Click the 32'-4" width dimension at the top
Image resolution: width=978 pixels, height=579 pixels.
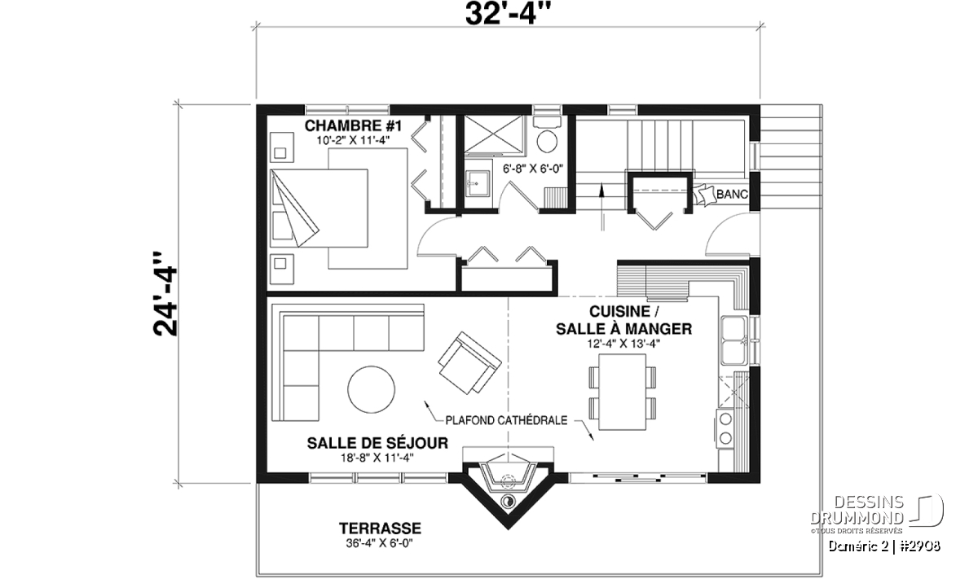[508, 14]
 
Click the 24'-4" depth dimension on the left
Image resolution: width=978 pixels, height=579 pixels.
[165, 294]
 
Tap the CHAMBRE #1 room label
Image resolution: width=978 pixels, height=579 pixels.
[353, 125]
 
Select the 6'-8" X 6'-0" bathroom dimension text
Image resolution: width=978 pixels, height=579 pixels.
[533, 169]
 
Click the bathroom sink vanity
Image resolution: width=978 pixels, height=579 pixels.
[477, 184]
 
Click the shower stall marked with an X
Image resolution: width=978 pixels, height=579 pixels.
[493, 134]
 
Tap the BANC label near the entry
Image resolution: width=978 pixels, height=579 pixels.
[732, 194]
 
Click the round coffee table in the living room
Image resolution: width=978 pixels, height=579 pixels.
[372, 389]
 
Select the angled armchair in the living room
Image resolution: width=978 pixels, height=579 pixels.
[469, 362]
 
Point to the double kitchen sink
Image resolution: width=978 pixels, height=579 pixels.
[734, 340]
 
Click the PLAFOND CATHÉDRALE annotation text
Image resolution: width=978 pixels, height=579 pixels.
[506, 420]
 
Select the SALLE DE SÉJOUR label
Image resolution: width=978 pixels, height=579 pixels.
[377, 443]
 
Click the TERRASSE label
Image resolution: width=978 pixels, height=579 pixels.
[381, 529]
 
